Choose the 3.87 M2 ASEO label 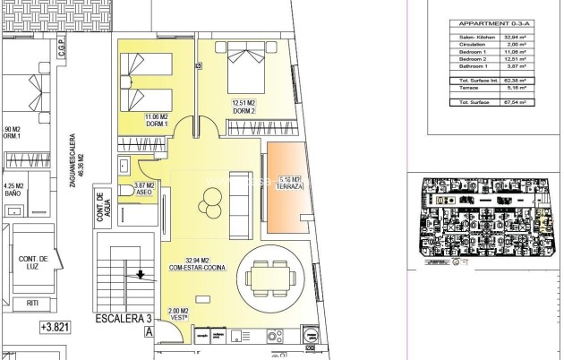(x=146, y=188)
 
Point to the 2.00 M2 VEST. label (x=179, y=314)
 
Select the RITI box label (x=32, y=303)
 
